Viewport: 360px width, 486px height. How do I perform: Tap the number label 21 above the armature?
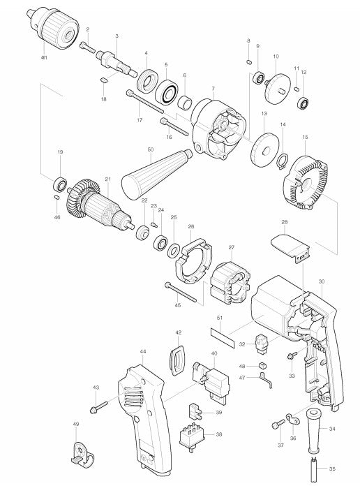[x=107, y=179]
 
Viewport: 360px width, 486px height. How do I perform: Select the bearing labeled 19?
[x=61, y=185]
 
